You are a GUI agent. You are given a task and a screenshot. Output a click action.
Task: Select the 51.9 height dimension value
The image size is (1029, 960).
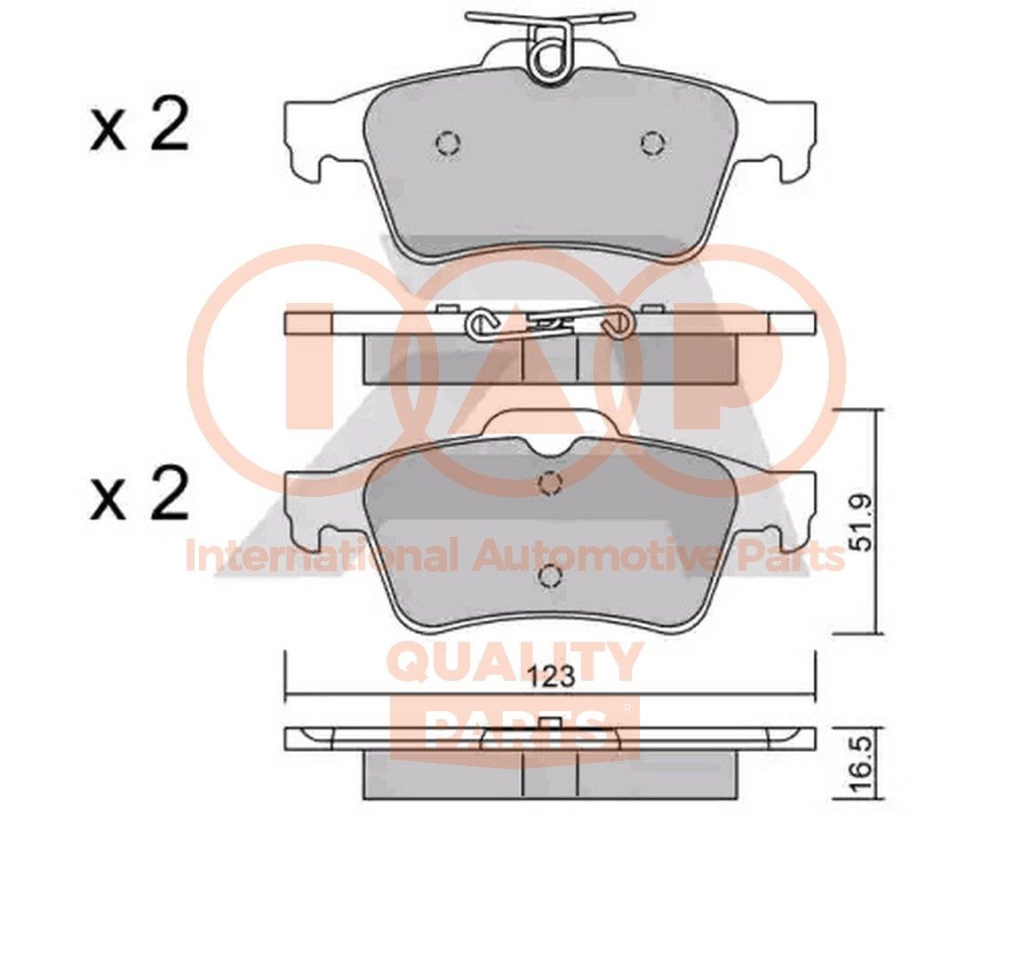[859, 525]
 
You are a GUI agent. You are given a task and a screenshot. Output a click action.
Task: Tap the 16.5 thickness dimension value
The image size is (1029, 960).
[859, 764]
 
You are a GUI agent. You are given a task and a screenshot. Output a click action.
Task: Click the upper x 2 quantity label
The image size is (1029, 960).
[140, 128]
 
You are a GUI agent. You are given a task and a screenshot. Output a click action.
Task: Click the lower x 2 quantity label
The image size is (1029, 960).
[140, 495]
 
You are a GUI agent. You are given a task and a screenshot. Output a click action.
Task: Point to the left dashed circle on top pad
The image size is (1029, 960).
[448, 142]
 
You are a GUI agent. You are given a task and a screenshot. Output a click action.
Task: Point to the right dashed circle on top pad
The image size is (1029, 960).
[653, 142]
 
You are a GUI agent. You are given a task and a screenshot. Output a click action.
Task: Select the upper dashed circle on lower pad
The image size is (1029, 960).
[551, 483]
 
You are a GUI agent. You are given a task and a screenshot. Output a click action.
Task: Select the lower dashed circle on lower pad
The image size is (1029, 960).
[551, 577]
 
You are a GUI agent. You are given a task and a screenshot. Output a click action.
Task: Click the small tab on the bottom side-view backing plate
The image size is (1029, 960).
[549, 722]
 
